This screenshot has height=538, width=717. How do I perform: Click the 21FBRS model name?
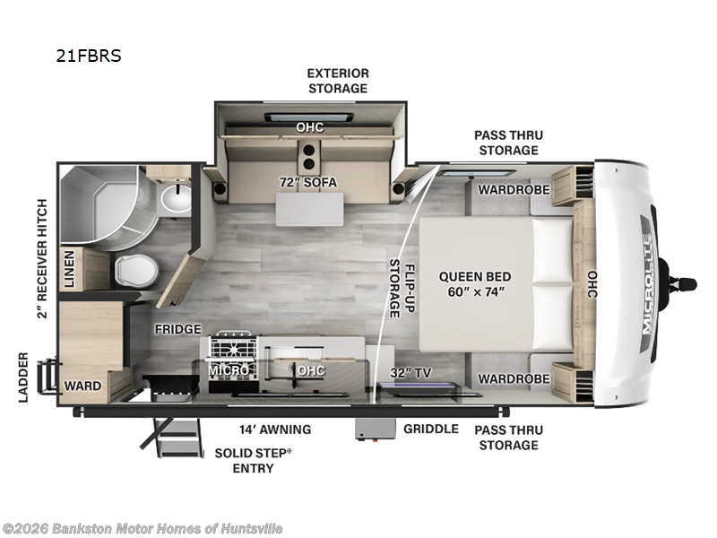pos(89,56)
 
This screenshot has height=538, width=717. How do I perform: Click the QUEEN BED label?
pos(475,277)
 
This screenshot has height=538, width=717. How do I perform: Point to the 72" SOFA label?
pos(308,182)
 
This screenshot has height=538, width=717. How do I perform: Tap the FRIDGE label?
pos(177,329)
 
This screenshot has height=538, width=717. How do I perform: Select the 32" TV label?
pos(410,373)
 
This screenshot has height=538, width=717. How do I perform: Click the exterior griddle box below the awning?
pos(376,430)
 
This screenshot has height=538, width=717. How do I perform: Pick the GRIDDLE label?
pos(431,429)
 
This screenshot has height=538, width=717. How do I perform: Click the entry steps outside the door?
pos(175,438)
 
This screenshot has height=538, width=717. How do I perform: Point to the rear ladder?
pos(48,377)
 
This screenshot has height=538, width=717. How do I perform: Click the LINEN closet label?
pos(69,269)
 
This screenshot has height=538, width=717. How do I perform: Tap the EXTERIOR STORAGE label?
pos(338,81)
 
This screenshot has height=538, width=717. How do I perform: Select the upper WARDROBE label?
pos(514,189)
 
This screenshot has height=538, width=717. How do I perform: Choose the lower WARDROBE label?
pos(514,378)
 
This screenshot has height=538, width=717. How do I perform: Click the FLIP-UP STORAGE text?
pos(402,288)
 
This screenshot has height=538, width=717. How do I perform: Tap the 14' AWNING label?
pos(275,430)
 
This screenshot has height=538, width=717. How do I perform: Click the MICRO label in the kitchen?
pos(229,370)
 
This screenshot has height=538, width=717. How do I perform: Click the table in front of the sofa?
pos(309,209)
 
